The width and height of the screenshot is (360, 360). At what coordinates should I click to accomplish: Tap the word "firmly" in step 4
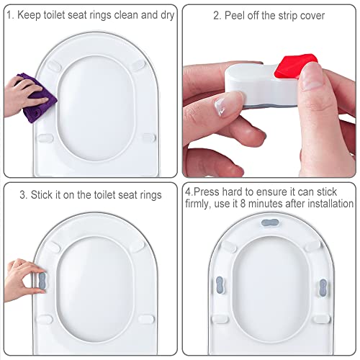201,205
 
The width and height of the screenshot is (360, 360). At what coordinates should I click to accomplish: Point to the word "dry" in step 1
167,14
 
